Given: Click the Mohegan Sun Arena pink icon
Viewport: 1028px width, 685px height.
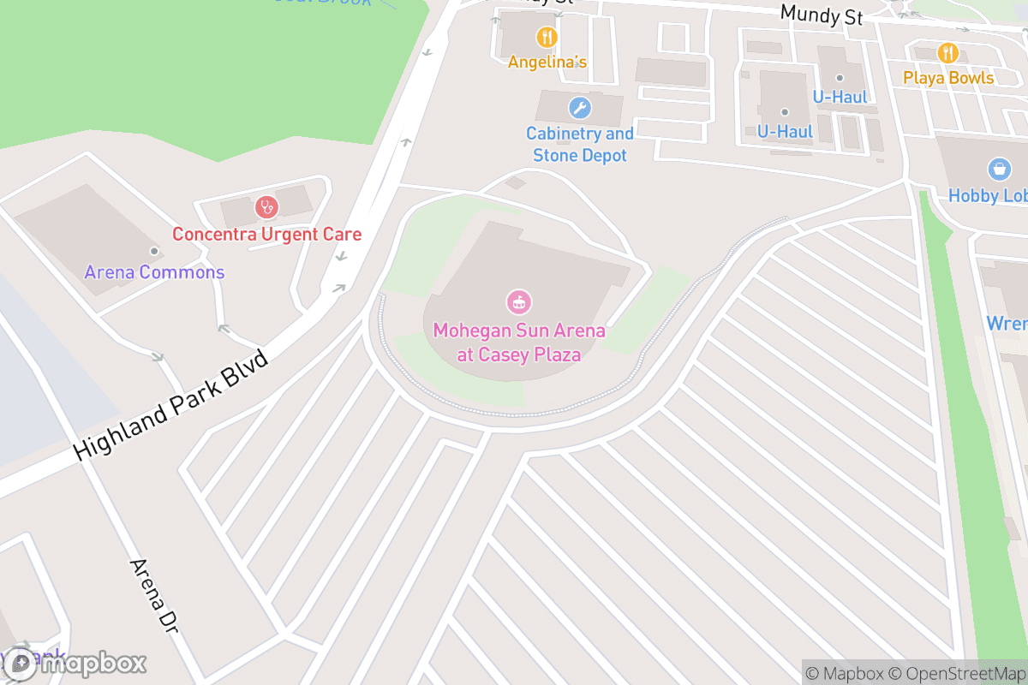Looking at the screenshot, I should pyautogui.click(x=519, y=301).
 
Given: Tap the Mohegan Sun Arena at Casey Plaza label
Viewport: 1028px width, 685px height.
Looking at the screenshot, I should pyautogui.click(x=519, y=342).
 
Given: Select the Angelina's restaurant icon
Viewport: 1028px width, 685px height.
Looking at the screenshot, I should pyautogui.click(x=547, y=38).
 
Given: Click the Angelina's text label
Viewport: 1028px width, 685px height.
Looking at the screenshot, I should pyautogui.click(x=547, y=62).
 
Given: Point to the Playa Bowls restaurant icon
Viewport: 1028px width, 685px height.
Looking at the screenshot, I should pyautogui.click(x=947, y=53).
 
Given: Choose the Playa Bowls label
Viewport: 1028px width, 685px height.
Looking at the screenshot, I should pyautogui.click(x=947, y=78).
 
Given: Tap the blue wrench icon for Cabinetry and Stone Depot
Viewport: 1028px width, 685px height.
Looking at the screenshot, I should pyautogui.click(x=580, y=108).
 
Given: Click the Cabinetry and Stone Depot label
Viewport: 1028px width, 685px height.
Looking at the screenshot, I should pyautogui.click(x=580, y=145).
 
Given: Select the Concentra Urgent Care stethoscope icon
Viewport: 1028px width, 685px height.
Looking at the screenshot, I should pyautogui.click(x=266, y=207).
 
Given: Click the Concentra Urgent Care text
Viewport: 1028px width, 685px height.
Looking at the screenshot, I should pyautogui.click(x=266, y=234).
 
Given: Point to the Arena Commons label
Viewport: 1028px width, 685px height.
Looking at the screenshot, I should pyautogui.click(x=154, y=273).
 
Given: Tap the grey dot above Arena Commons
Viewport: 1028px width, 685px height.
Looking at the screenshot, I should pyautogui.click(x=154, y=251).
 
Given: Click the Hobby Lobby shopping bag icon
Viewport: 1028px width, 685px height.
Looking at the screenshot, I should pyautogui.click(x=998, y=169).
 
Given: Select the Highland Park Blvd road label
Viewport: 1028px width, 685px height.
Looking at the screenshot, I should pyautogui.click(x=171, y=405).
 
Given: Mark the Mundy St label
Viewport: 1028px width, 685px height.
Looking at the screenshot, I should pyautogui.click(x=821, y=15).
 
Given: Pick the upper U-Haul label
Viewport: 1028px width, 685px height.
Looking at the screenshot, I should pyautogui.click(x=840, y=97).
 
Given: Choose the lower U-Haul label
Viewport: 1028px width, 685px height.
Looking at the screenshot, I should pyautogui.click(x=785, y=132).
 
